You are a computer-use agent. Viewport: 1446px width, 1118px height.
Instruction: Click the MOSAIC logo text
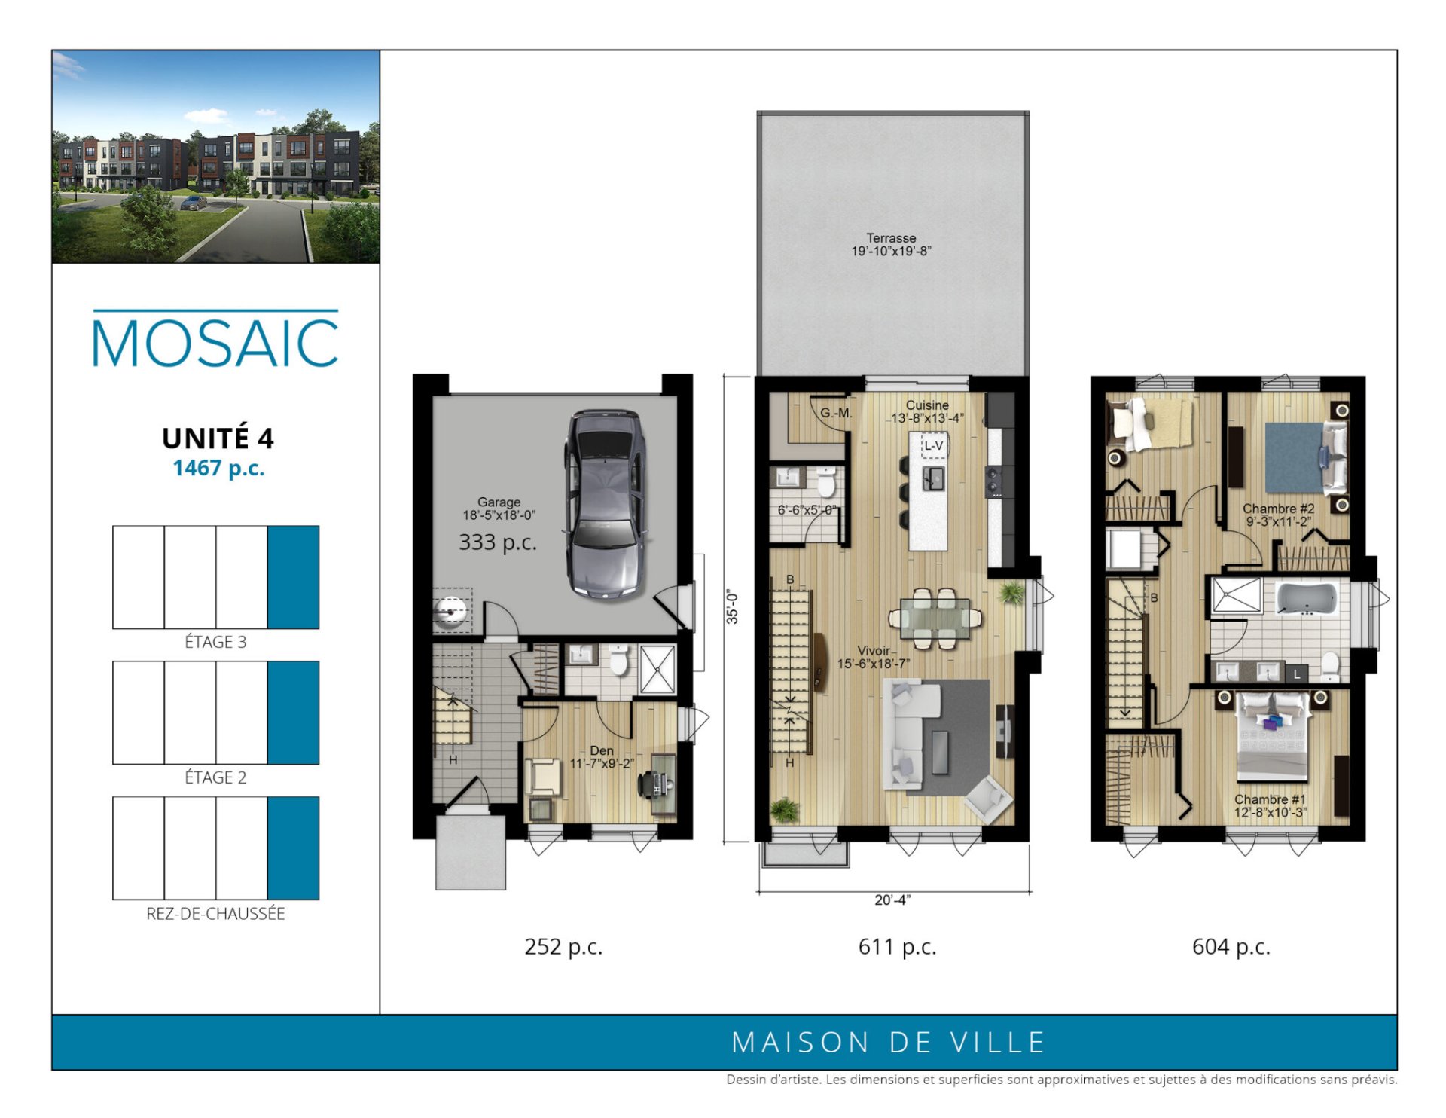pyautogui.click(x=215, y=343)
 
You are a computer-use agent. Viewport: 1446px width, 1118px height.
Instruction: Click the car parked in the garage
pyautogui.click(x=606, y=505)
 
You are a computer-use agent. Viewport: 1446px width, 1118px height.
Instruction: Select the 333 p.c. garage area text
pyautogui.click(x=498, y=542)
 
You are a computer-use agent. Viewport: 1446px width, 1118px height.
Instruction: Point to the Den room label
pyautogui.click(x=602, y=750)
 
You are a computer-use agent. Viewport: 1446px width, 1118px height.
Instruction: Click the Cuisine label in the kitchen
pyautogui.click(x=927, y=405)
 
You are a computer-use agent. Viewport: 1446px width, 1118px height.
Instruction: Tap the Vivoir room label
pyautogui.click(x=874, y=651)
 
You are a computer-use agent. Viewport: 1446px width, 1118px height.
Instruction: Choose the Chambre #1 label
pyautogui.click(x=1270, y=799)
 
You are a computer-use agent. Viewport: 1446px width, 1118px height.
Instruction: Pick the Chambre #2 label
pyautogui.click(x=1278, y=509)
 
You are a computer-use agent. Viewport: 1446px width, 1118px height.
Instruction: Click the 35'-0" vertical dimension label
pyautogui.click(x=732, y=607)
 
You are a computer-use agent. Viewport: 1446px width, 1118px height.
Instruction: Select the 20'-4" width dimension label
pyautogui.click(x=892, y=900)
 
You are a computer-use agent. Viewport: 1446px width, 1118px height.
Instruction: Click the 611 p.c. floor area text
pyautogui.click(x=897, y=946)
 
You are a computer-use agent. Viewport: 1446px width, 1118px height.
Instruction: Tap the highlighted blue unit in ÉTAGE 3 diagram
pyautogui.click(x=293, y=577)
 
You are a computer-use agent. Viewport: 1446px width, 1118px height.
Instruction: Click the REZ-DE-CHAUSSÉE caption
pyautogui.click(x=215, y=914)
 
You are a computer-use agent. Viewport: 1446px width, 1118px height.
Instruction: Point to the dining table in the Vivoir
pyautogui.click(x=935, y=619)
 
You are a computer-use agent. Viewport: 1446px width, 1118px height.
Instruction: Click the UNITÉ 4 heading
pyautogui.click(x=218, y=438)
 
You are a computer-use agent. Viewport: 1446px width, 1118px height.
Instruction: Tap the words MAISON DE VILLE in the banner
pyautogui.click(x=889, y=1043)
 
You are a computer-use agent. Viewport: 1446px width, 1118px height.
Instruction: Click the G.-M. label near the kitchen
pyautogui.click(x=836, y=413)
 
